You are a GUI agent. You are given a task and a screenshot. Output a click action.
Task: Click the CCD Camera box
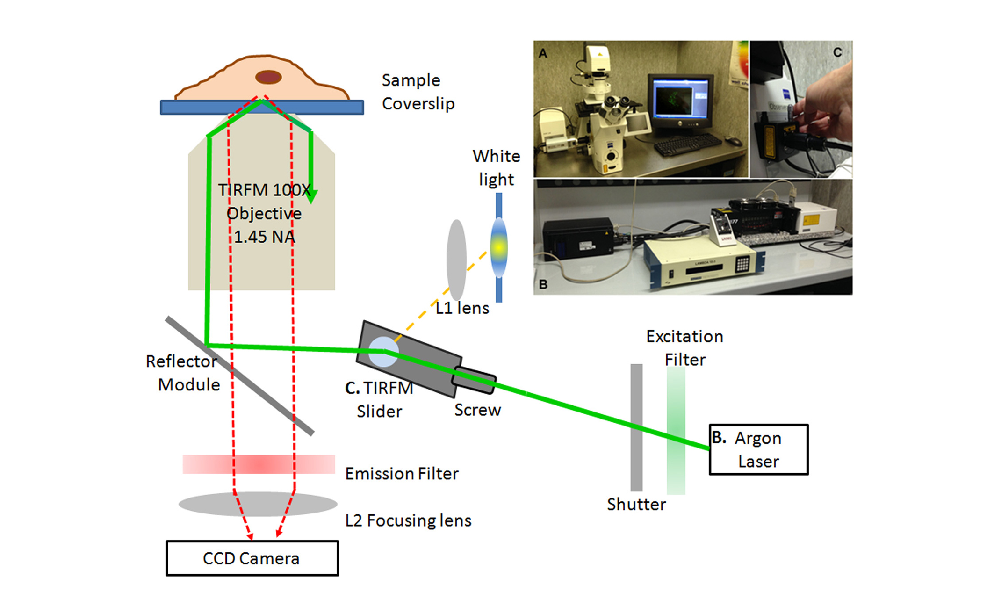point(252,558)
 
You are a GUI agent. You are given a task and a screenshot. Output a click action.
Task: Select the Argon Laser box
point(758,449)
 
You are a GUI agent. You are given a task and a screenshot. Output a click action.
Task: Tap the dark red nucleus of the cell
point(268,77)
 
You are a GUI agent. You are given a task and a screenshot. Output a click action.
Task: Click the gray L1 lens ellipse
point(456,260)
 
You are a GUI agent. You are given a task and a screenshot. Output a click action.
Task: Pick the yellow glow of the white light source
point(499,247)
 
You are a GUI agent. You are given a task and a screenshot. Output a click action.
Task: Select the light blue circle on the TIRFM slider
point(383,351)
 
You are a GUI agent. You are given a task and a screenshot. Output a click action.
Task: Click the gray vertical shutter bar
point(636,427)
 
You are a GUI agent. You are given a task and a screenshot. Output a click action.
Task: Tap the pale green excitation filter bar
point(676,430)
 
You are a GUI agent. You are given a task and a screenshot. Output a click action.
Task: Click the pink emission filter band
point(259,464)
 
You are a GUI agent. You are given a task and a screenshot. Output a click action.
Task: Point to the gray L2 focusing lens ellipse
point(258,504)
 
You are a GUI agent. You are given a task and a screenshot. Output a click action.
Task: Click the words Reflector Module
point(182,373)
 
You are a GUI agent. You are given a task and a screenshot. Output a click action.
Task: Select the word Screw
point(477,410)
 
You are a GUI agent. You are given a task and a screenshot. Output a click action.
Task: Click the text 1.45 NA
point(264,237)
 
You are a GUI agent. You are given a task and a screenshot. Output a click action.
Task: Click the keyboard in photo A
point(687,144)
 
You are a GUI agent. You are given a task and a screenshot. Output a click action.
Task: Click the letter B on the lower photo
point(543,284)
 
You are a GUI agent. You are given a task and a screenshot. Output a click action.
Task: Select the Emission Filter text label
point(402,474)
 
